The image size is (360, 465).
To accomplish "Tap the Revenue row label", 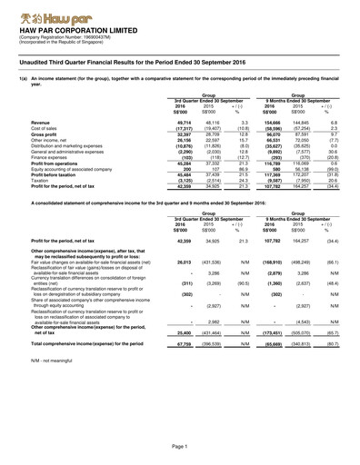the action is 45,121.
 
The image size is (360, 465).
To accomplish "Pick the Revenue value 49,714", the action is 183,121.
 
